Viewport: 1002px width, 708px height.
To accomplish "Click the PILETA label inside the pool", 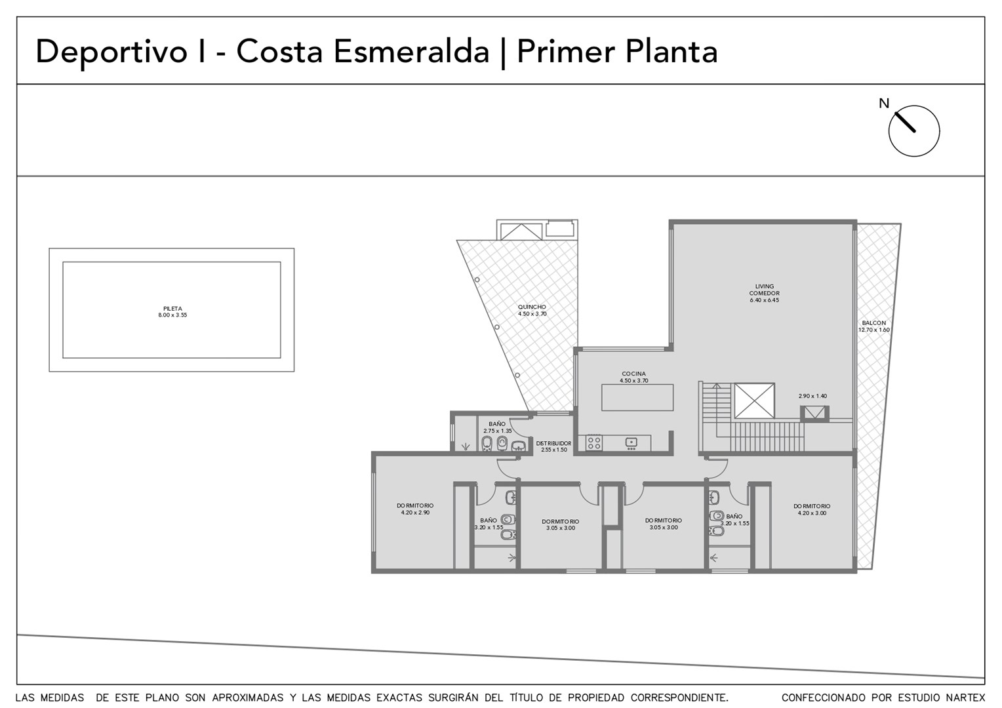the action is point(172,309).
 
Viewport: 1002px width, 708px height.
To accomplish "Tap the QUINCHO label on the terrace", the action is point(532,307).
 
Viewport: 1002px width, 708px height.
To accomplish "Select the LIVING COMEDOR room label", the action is point(765,290).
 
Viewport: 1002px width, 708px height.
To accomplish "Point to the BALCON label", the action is point(873,323).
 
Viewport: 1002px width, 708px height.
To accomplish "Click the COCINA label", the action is point(634,374).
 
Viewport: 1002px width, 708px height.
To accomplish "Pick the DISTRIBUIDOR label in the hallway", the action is point(553,444).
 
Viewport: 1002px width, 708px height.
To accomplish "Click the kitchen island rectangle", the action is point(637,398).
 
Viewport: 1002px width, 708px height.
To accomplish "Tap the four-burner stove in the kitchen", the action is point(594,443).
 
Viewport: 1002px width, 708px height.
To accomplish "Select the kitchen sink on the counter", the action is point(631,442).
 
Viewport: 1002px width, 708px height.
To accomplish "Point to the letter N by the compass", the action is point(884,104).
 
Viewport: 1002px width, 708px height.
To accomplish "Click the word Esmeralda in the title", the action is point(411,52).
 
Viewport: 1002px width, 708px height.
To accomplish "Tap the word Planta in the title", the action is point(671,52).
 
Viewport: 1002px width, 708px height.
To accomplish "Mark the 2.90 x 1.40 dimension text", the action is point(812,396).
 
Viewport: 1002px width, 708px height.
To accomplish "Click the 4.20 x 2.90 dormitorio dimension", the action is point(415,513).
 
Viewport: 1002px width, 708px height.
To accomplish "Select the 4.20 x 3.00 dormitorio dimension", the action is point(812,513).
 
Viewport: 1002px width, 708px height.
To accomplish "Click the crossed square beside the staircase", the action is point(754,401).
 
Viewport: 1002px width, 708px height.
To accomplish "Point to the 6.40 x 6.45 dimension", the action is point(765,300).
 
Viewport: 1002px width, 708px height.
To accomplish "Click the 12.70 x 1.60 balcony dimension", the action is point(873,330).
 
